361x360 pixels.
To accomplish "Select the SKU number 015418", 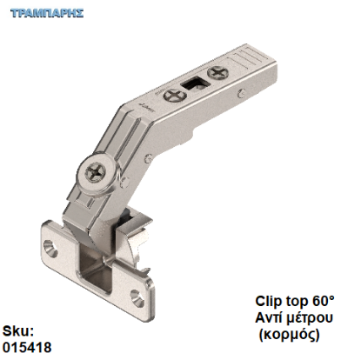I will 27,347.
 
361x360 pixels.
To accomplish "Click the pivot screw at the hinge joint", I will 97,174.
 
